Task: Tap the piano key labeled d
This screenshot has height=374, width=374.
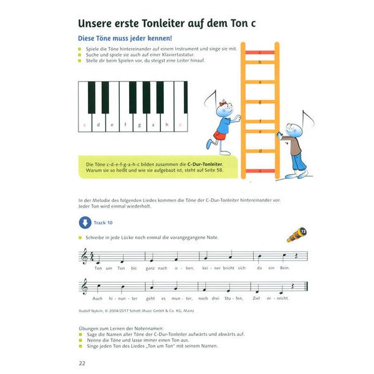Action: [99, 125]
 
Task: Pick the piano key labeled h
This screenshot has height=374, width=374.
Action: [166, 125]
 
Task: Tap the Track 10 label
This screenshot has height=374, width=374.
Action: [103, 223]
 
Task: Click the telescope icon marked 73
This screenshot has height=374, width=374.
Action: [296, 236]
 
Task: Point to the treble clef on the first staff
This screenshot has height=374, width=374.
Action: [83, 256]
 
